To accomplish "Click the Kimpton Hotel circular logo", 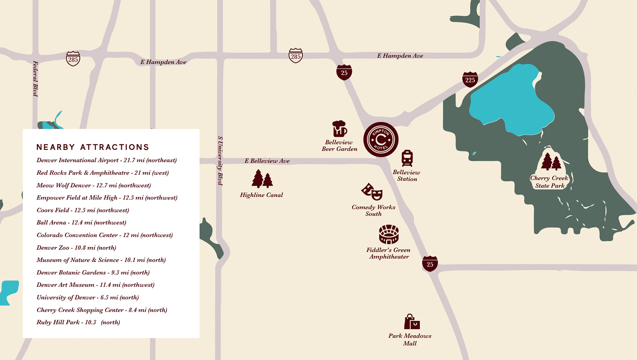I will point(381,139).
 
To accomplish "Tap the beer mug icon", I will point(339,129).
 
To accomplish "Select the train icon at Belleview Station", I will point(407,158).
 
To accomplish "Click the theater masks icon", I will point(372,192).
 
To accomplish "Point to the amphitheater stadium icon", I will point(389,234).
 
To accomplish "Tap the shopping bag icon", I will point(412,322).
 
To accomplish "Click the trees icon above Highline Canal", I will point(262,179).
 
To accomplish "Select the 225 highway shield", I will point(470,79).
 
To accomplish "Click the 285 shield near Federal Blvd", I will point(73,59).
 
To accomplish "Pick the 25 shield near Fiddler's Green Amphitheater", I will point(430,264).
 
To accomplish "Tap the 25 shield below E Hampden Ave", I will point(344,72).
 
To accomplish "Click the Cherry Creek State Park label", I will point(549,182).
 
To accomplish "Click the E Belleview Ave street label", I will point(267,161).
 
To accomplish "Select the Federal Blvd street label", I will point(36,79).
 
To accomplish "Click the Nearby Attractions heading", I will point(93,147).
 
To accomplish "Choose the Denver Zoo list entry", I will point(76,247).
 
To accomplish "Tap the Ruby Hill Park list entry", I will point(78,322).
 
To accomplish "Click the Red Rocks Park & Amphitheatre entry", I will point(103,173).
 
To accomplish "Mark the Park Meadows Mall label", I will point(410,339).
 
